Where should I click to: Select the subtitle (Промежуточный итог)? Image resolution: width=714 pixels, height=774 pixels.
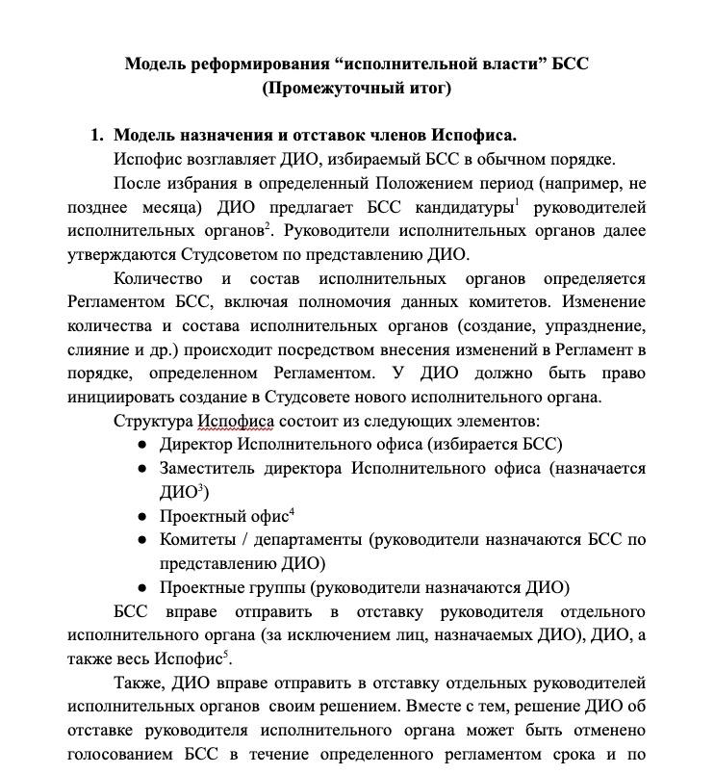[x=356, y=89]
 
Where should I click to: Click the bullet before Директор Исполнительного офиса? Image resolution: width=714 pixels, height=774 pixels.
[x=142, y=444]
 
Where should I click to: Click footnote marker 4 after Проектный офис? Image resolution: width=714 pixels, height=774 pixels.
[x=292, y=510]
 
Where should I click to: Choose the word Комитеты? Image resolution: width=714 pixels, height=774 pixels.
[x=197, y=539]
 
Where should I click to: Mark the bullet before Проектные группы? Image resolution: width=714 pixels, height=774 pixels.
[x=142, y=586]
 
